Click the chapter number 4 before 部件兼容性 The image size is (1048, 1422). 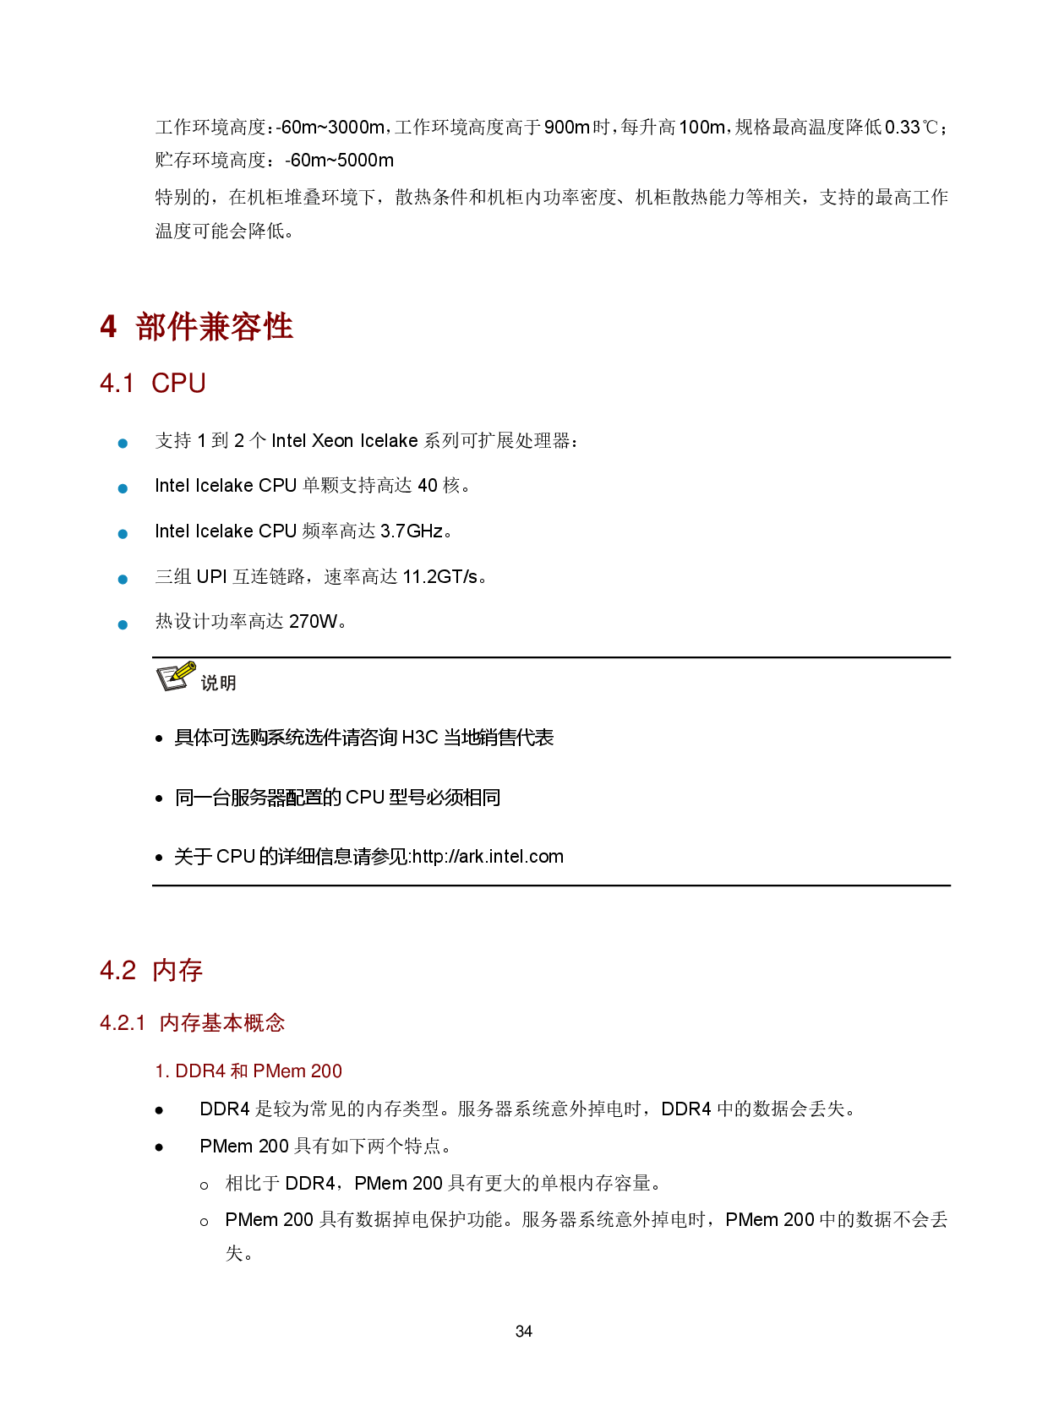pyautogui.click(x=108, y=327)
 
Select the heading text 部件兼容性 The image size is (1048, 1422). pyautogui.click(x=214, y=327)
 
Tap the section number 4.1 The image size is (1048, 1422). pyautogui.click(x=117, y=384)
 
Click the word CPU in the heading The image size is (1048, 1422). pyautogui.click(x=178, y=384)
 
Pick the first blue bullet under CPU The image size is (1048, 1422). pyautogui.click(x=123, y=444)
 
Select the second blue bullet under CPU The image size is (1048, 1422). pyautogui.click(x=123, y=489)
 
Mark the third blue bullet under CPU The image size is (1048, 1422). pyautogui.click(x=123, y=534)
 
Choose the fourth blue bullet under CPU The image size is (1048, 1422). pyautogui.click(x=123, y=580)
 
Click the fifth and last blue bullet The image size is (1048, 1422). pyautogui.click(x=123, y=625)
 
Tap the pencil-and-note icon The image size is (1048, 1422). pyautogui.click(x=177, y=676)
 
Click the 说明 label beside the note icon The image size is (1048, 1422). pyautogui.click(x=218, y=683)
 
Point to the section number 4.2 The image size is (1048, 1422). pyautogui.click(x=117, y=971)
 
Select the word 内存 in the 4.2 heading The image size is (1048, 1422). pyautogui.click(x=177, y=971)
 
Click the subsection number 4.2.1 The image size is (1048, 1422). pyautogui.click(x=123, y=1023)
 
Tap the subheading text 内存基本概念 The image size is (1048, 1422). pyautogui.click(x=221, y=1023)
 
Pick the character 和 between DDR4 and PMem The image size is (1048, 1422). pyautogui.click(x=239, y=1071)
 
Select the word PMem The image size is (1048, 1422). pyautogui.click(x=279, y=1071)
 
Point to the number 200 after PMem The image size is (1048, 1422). pyautogui.click(x=326, y=1071)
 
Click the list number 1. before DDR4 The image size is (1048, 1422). pyautogui.click(x=162, y=1071)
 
